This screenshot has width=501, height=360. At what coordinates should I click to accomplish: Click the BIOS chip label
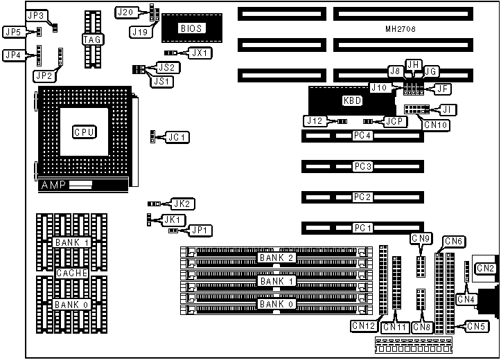click(191, 28)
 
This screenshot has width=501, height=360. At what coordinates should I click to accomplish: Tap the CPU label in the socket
click(84, 132)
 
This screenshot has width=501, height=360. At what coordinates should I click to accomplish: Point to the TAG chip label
click(92, 39)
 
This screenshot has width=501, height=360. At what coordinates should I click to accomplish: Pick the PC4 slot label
click(362, 136)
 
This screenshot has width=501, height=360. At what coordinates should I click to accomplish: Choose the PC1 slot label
click(362, 228)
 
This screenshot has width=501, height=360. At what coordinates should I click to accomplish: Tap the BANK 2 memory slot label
click(276, 258)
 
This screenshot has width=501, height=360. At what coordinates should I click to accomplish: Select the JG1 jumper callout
click(177, 137)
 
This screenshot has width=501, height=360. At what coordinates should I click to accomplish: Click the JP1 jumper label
click(202, 230)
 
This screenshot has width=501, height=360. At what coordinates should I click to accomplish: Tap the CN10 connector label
click(437, 125)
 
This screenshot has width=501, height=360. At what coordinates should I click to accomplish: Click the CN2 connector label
click(486, 268)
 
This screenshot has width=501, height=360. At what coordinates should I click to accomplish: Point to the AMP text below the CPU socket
click(55, 186)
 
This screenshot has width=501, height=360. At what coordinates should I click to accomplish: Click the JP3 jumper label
click(36, 15)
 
